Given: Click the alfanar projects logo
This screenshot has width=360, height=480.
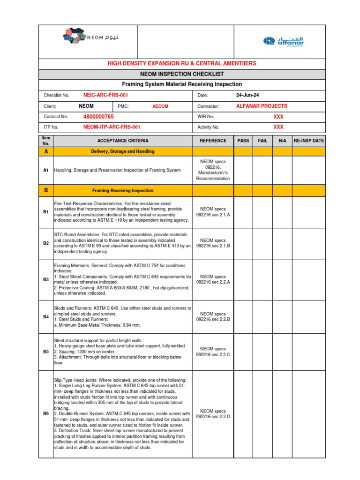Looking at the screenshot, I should point(283,42).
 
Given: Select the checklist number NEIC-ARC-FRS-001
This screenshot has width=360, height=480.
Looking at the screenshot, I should point(105,95).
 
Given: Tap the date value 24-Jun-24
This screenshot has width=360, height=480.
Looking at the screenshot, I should point(247,95).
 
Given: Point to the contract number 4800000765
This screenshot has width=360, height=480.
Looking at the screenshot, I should point(98,116).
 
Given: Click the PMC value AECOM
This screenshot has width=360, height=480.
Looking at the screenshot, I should point(160,106).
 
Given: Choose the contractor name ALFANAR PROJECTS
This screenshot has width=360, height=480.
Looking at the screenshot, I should point(262,106).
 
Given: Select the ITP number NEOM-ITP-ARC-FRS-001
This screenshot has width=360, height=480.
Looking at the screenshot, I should point(112,127).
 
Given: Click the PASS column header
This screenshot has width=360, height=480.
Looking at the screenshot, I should point(243,141).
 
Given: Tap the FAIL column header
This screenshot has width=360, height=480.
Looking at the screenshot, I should point(263,141).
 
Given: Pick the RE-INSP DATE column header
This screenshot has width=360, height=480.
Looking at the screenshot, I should point(308,141).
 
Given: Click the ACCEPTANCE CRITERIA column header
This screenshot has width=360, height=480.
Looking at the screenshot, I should point(123,141).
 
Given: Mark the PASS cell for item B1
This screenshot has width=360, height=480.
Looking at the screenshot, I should point(243,212).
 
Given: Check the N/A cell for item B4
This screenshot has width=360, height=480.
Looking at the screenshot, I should point(282,317).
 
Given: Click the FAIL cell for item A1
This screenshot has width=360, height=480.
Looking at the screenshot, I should point(263,170).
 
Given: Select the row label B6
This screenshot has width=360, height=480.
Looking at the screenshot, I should point(46,413).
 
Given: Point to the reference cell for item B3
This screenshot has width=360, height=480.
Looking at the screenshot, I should point(213,279).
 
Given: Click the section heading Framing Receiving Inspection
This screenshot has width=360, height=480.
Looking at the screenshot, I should point(122,191).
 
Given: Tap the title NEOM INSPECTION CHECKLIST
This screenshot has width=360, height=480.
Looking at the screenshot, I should point(182,74).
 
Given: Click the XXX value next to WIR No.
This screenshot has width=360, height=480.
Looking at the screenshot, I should point(278,117).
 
